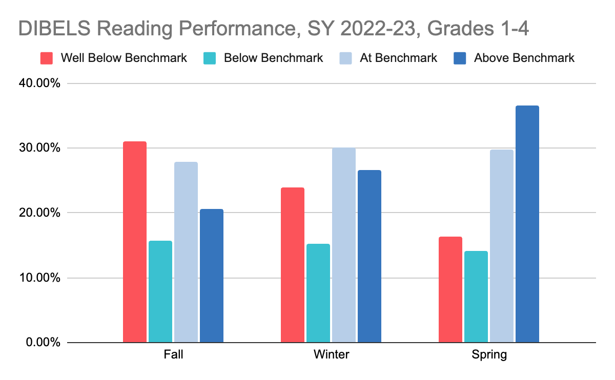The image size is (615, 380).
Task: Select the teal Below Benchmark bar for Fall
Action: tap(160, 291)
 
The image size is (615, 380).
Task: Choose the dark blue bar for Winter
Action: tap(370, 256)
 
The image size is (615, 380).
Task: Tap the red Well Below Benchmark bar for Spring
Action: tap(450, 289)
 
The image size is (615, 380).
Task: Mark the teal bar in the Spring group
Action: tap(476, 297)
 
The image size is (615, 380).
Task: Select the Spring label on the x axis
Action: tap(489, 354)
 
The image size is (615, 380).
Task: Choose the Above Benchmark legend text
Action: tap(524, 58)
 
